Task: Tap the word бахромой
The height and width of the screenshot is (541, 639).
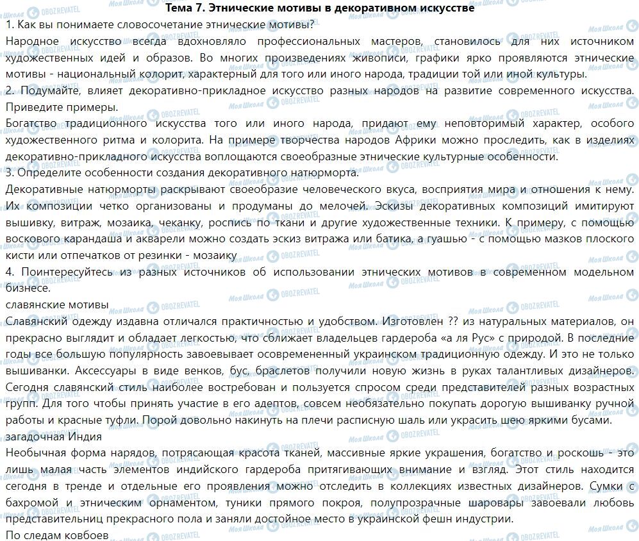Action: click(34, 503)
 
